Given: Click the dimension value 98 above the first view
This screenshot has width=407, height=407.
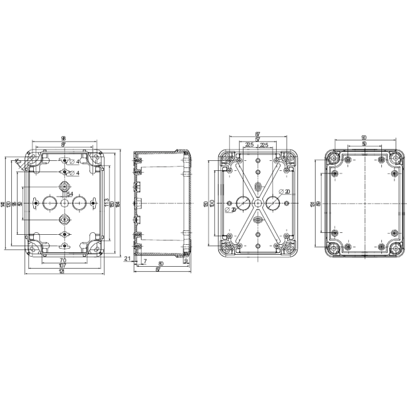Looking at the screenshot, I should pos(64,138).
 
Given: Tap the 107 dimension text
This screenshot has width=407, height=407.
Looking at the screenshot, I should pos(63,265).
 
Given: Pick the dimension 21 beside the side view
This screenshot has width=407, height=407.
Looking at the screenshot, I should pos(128,258).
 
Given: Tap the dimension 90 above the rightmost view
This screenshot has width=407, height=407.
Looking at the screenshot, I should pos(364,138).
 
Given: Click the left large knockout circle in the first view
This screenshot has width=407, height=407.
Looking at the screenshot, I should pos(49,203).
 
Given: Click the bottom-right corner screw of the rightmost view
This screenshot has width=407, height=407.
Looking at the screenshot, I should pos(396,249).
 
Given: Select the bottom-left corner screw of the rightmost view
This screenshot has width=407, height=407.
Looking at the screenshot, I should pos(332,249).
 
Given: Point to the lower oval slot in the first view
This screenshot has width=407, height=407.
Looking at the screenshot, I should pos(64,219).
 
